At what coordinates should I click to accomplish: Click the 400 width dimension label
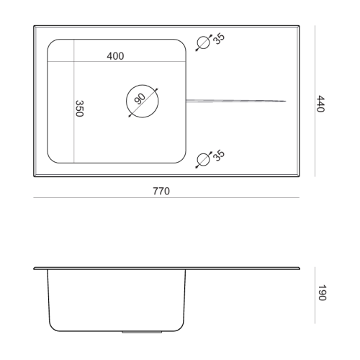tap(115, 56)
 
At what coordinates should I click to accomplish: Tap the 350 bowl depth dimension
tap(79, 109)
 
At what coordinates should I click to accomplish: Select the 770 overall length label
tap(161, 191)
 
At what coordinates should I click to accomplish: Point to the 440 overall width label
tap(320, 104)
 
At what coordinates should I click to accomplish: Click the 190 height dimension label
tap(322, 293)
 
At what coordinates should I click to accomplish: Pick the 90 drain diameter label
tap(140, 99)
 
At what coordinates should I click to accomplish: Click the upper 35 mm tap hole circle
tap(204, 42)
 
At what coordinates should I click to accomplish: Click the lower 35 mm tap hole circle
tap(204, 160)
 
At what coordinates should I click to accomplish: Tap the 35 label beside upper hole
tap(219, 38)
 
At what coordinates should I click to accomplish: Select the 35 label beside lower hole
tap(219, 156)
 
